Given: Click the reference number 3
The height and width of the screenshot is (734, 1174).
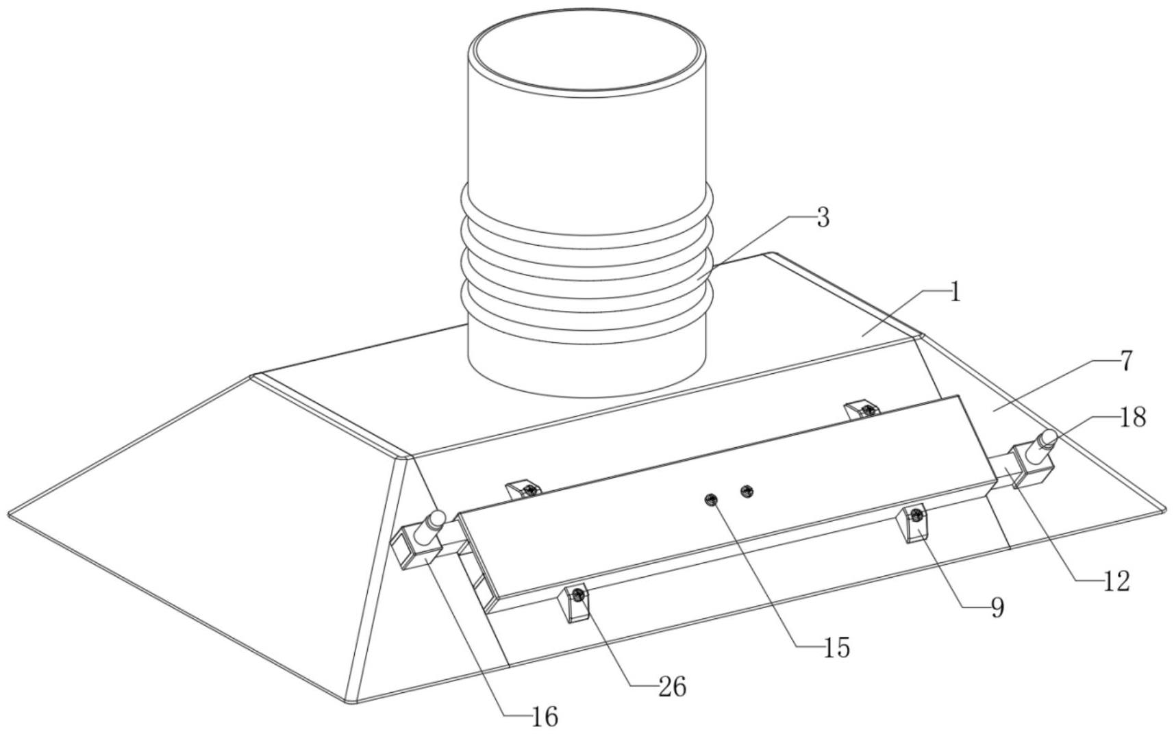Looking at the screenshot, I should pyautogui.click(x=823, y=218).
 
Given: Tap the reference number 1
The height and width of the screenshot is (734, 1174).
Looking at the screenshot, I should pyautogui.click(x=955, y=292).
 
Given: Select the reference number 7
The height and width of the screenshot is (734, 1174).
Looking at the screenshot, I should pyautogui.click(x=1127, y=361).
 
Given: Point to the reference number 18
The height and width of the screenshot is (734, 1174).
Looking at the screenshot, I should pyautogui.click(x=1132, y=417).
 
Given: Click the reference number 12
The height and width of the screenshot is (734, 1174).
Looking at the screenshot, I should pyautogui.click(x=1116, y=581).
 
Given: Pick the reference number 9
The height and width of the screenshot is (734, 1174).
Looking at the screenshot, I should pyautogui.click(x=997, y=607).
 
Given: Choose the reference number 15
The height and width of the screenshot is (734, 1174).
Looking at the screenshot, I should pyautogui.click(x=836, y=647).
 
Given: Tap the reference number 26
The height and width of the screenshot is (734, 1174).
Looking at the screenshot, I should pyautogui.click(x=672, y=687).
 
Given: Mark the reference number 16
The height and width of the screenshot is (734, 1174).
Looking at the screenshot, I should pyautogui.click(x=545, y=717).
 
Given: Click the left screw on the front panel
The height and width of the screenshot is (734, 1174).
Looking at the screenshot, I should pyautogui.click(x=712, y=499).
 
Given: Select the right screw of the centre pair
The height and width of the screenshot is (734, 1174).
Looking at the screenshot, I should pyautogui.click(x=747, y=490).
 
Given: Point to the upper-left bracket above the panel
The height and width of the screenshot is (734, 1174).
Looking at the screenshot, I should pyautogui.click(x=523, y=490).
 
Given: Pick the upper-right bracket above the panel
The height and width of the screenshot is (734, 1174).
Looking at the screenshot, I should pyautogui.click(x=861, y=410).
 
